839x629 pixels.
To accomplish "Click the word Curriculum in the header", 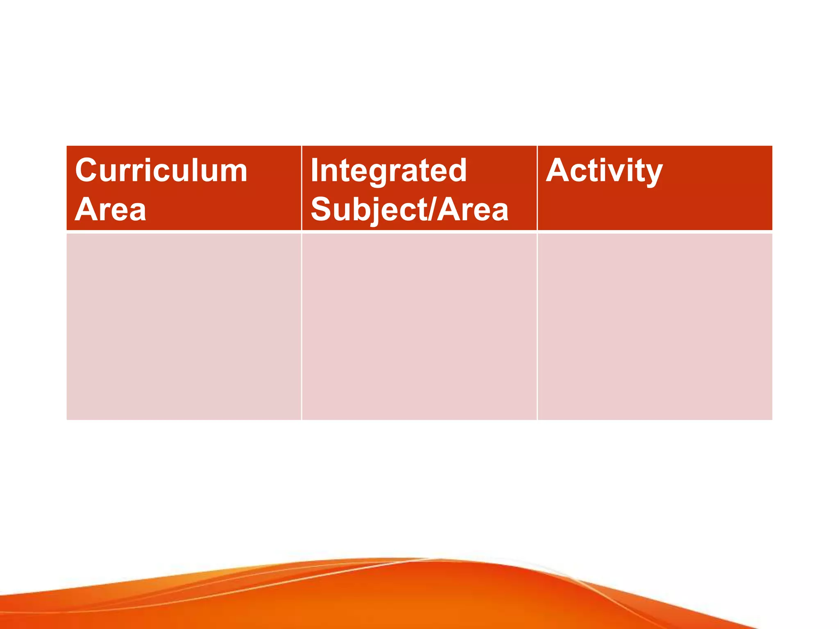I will (x=161, y=170).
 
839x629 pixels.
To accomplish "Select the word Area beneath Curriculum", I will (x=111, y=210).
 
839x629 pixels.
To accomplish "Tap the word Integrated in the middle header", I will (x=388, y=170).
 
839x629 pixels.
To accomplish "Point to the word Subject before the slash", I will (x=369, y=210).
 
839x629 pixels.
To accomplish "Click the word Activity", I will (x=604, y=170).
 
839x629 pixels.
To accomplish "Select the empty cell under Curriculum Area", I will (x=184, y=326).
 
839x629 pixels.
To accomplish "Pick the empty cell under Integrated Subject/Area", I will (x=419, y=326).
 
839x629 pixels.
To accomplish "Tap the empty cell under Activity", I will (x=655, y=326).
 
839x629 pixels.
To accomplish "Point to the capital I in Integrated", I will (x=314, y=170).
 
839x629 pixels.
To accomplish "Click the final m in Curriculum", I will (x=235, y=172).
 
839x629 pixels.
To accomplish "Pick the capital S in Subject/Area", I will (x=321, y=210).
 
